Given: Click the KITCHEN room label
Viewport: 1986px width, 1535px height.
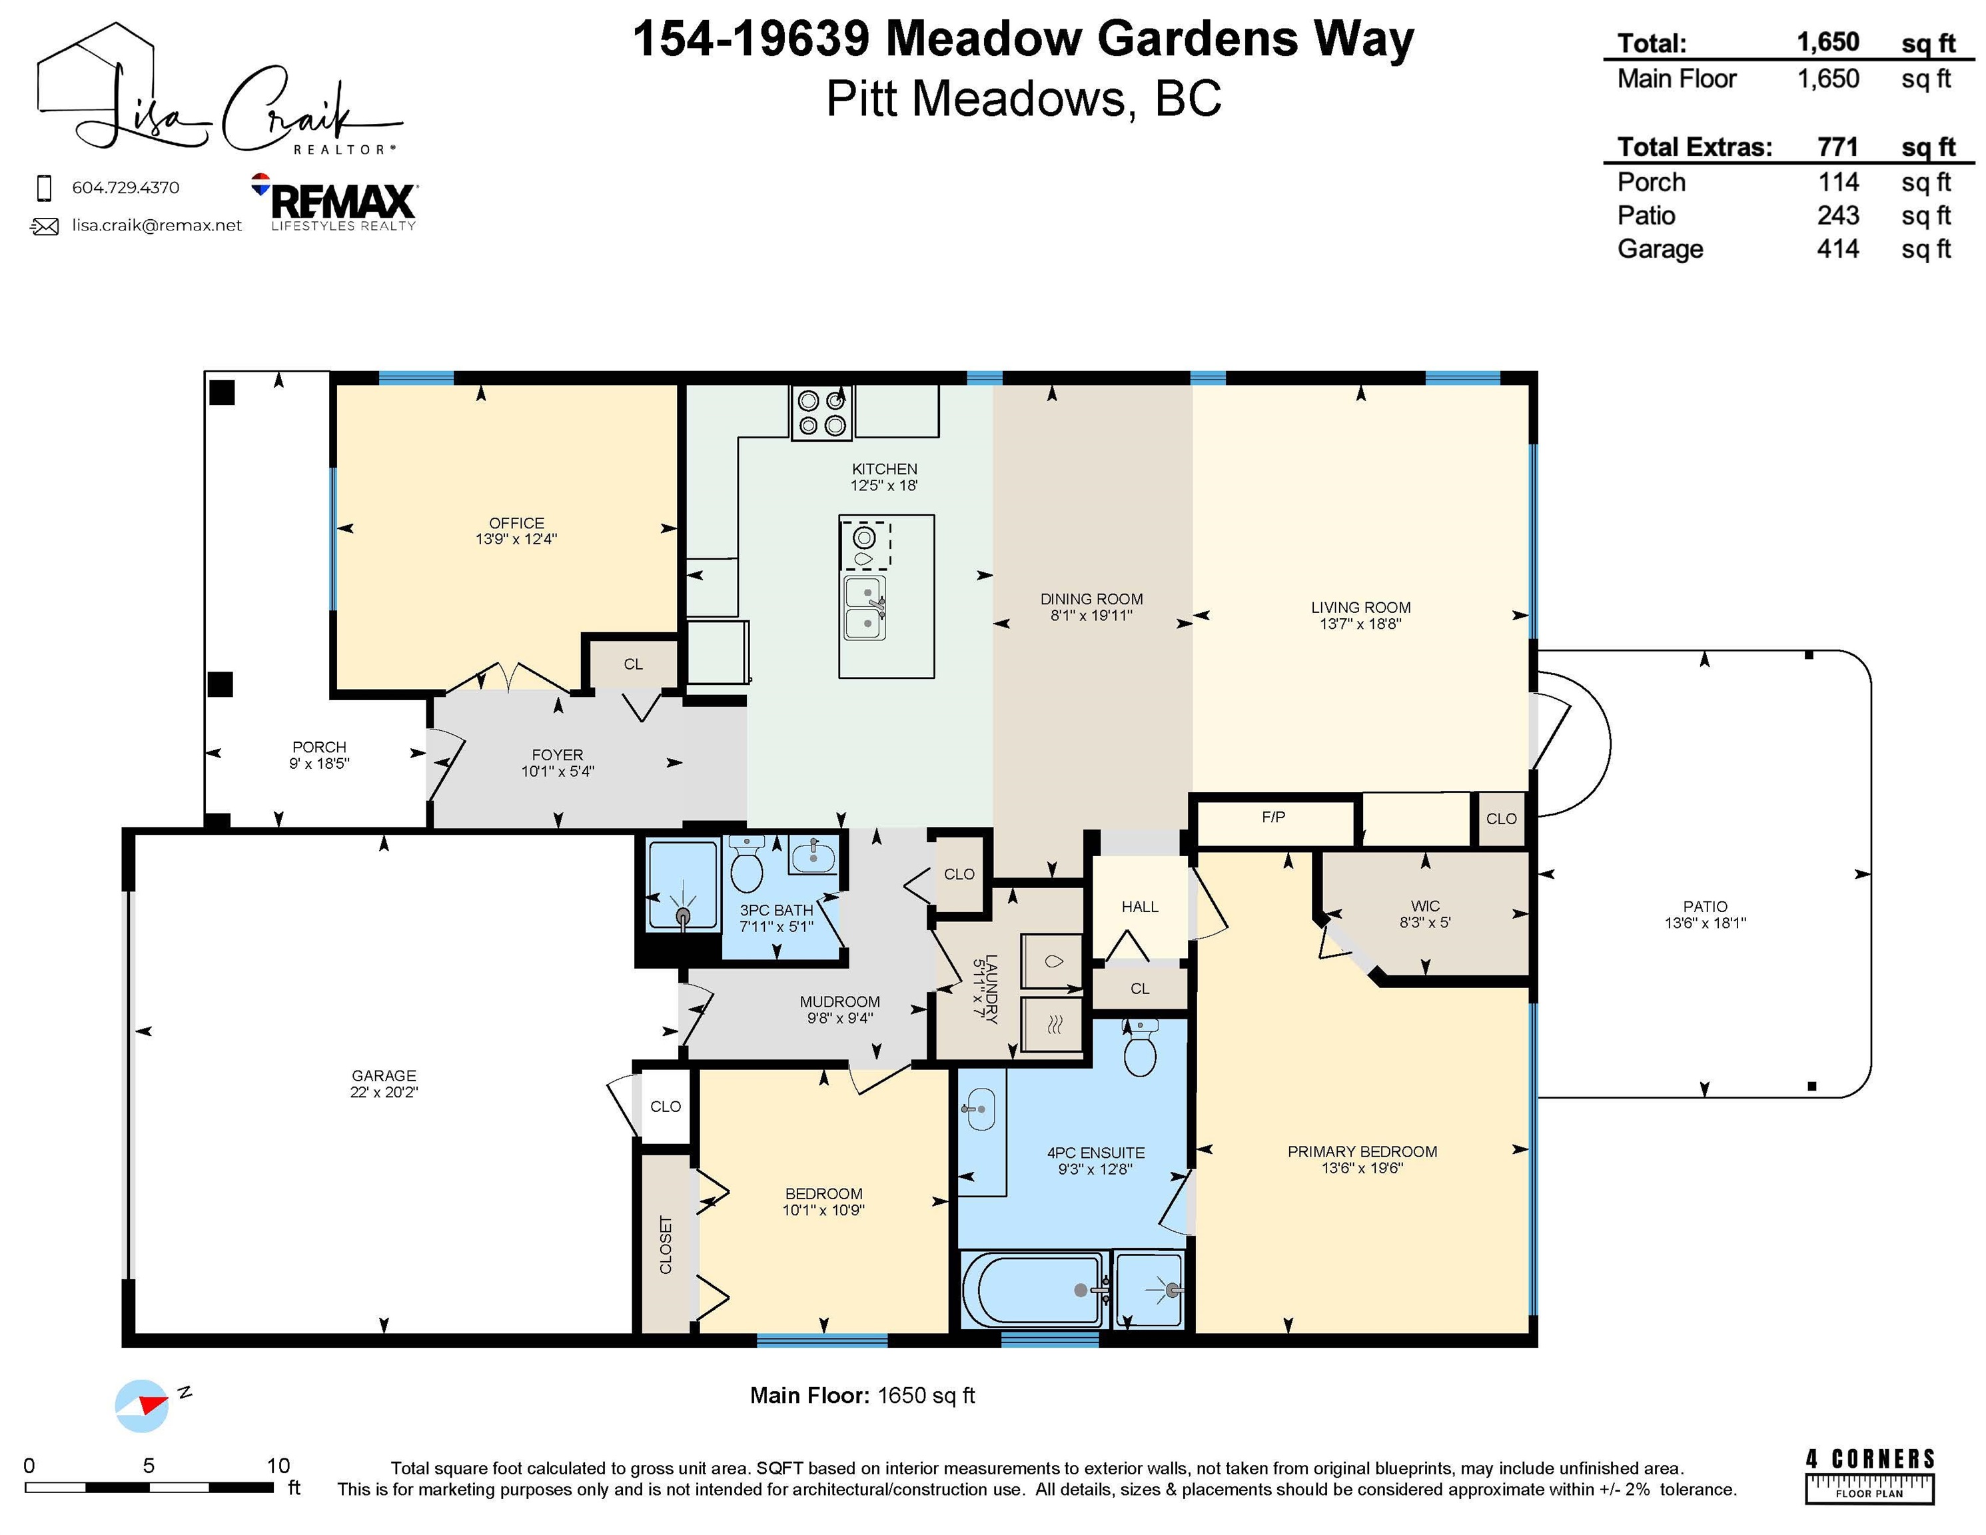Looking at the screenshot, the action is pos(884,469).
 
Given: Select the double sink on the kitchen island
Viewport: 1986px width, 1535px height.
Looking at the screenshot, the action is pos(864,608).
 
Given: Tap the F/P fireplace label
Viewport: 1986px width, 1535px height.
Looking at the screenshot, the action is pos(1273,817).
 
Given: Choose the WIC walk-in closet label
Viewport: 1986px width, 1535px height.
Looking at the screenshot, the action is pos(1425,905).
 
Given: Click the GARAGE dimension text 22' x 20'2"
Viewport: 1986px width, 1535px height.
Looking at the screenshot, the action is pos(384,1092).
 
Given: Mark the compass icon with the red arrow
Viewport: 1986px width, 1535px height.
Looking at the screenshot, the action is pos(142,1406).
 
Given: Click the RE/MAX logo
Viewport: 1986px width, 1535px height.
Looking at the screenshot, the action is pos(334,202).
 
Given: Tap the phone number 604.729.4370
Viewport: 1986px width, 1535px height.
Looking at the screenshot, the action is pos(125,187).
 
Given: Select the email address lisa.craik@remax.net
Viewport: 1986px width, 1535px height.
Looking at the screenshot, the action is pos(157,226).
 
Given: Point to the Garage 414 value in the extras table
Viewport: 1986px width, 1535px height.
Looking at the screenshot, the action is pos(1838,249).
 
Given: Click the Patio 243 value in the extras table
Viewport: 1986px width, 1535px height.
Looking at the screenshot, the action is pos(1838,215).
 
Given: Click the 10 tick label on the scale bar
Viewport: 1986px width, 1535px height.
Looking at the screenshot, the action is pos(278,1465).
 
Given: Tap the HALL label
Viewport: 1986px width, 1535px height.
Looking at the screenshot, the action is pos(1139,907).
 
